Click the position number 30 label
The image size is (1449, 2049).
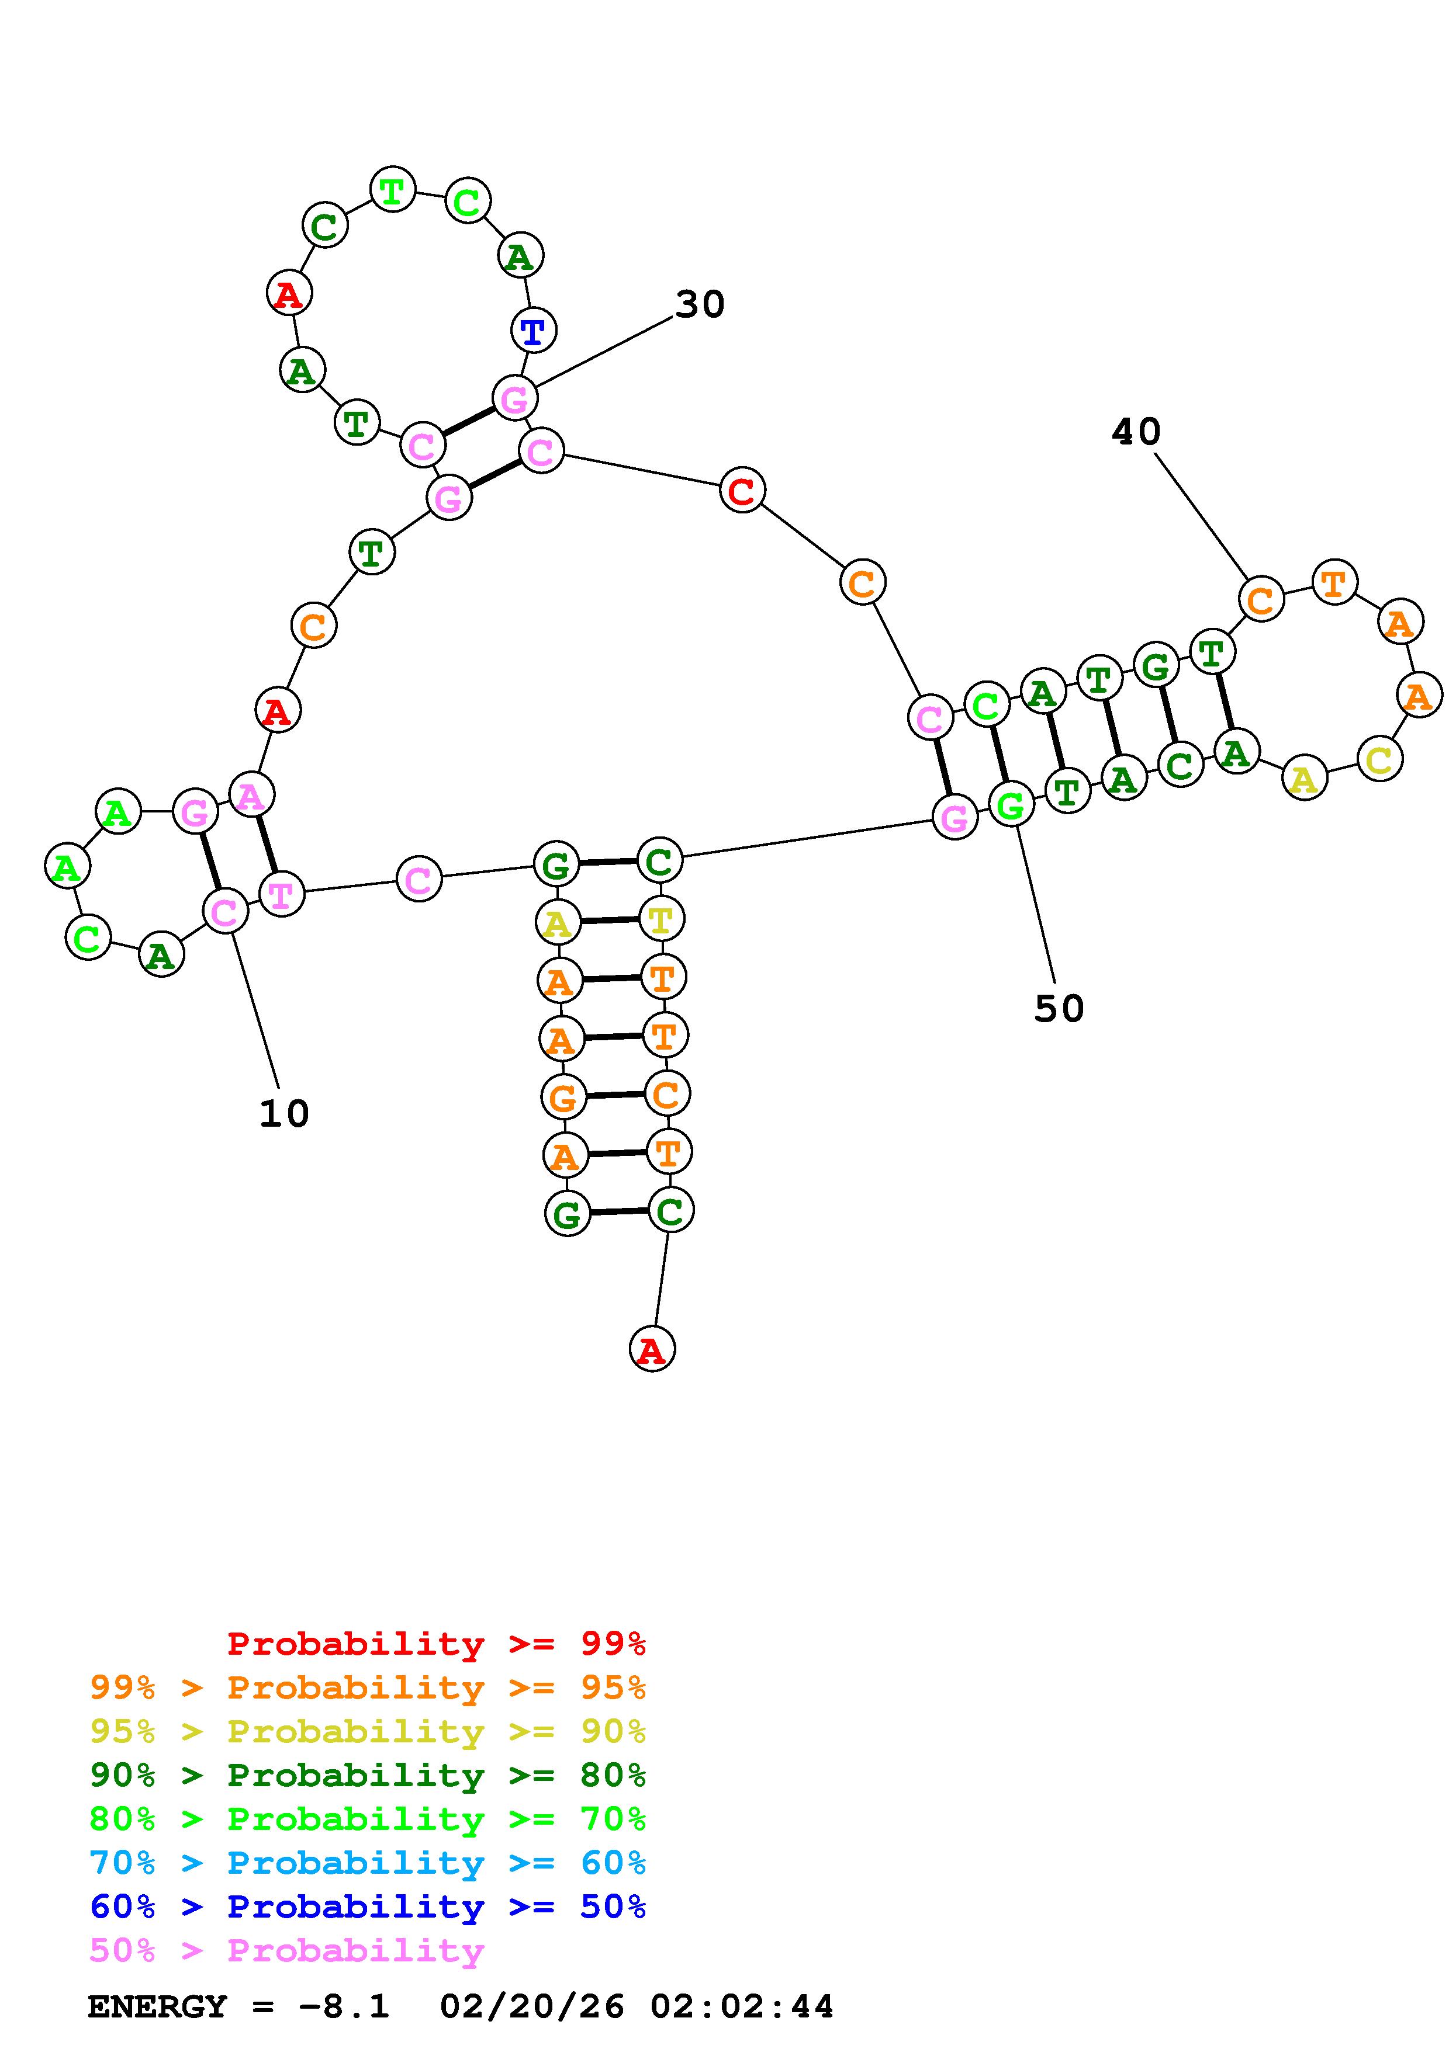point(699,304)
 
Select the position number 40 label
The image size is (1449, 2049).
point(1136,432)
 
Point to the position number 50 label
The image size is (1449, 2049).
point(1059,1008)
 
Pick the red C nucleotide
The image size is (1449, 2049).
point(741,490)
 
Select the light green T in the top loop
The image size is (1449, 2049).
point(392,189)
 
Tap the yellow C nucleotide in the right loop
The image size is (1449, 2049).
point(1379,759)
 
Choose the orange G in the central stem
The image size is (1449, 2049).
point(562,1097)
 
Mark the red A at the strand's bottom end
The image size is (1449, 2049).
point(652,1349)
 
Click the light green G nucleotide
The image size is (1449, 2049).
point(1011,805)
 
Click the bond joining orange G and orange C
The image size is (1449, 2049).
point(614,1095)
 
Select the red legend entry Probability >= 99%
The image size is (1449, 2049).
point(437,1643)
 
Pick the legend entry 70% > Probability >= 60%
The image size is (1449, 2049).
point(368,1863)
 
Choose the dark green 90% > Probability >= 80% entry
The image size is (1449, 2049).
point(368,1775)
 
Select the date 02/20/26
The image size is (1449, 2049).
point(532,2006)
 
